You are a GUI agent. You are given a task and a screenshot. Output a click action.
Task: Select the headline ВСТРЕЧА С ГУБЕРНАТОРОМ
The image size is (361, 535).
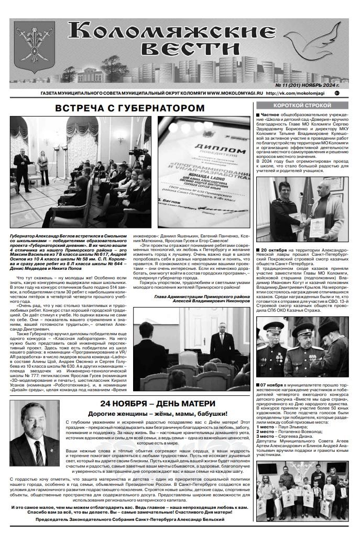[x=130, y=108]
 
